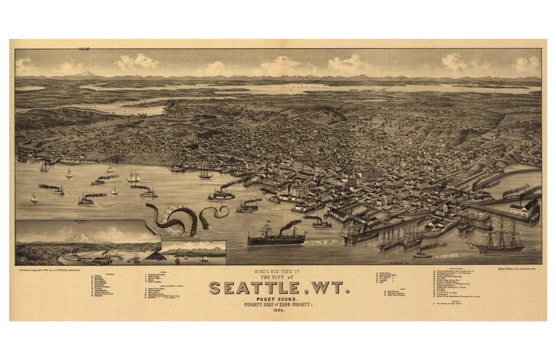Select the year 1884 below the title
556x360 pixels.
[x=279, y=310]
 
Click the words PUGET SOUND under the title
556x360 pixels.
[x=279, y=299]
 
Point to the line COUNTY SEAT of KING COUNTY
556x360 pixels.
[x=279, y=304]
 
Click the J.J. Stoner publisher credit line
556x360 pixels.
[x=51, y=269]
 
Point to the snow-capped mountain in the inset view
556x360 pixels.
[x=77, y=237]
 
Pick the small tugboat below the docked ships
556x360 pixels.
[x=422, y=254]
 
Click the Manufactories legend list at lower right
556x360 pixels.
[x=458, y=284]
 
